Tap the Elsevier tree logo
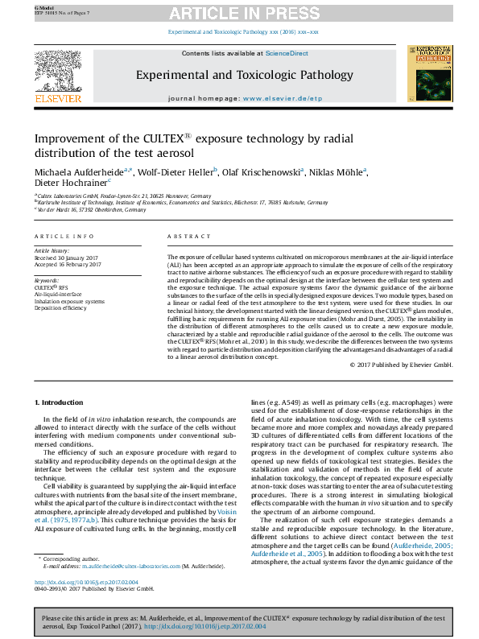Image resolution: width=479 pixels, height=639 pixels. (57, 70)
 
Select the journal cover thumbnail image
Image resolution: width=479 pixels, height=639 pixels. (428, 74)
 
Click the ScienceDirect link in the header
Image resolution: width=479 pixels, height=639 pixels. (287, 53)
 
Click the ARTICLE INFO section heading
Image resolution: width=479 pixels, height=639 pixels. (64, 236)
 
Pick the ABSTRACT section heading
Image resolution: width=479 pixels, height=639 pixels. (189, 236)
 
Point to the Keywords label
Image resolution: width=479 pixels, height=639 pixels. (47, 280)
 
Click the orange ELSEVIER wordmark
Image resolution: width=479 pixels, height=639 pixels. (58, 98)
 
